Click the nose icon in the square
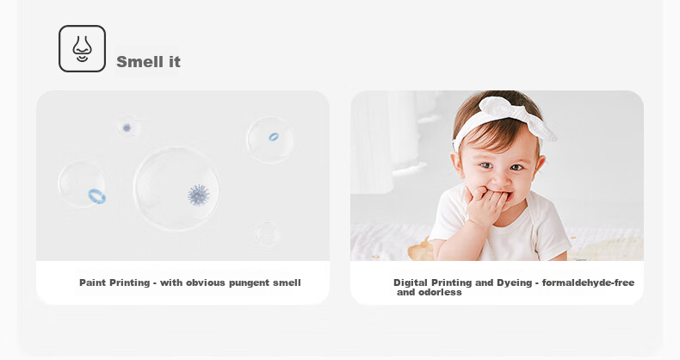[x=82, y=48]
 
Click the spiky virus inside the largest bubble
[x=199, y=195]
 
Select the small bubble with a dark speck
[x=127, y=127]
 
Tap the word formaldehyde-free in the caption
[x=588, y=282]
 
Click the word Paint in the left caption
[x=93, y=282]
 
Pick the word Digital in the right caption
[x=411, y=282]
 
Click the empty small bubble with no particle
[x=266, y=233]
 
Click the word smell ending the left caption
[x=287, y=282]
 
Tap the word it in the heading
[x=175, y=62]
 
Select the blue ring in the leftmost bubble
[x=96, y=196]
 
